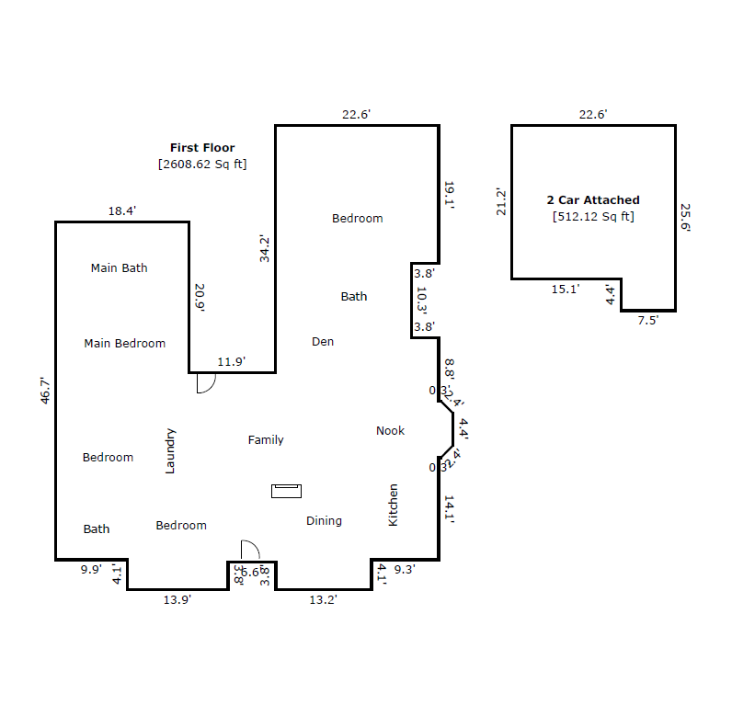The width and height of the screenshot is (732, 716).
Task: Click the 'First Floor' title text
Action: point(201,147)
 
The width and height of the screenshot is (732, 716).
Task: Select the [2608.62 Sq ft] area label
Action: point(201,165)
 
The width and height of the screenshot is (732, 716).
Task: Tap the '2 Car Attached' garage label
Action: point(593,199)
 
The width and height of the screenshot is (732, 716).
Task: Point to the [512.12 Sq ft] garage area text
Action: point(593,217)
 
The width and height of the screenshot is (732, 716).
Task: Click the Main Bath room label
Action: point(119,268)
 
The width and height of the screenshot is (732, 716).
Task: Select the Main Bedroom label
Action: point(124,343)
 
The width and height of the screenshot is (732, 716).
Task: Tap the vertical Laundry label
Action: point(169,450)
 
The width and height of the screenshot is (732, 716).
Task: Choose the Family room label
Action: point(266,440)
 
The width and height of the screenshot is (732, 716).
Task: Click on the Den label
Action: point(323,342)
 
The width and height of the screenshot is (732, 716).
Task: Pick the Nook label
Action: point(390,430)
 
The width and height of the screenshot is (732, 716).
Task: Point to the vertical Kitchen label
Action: point(394,505)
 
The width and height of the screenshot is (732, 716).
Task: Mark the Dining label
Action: point(324,521)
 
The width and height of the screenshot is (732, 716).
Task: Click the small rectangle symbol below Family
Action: point(286,491)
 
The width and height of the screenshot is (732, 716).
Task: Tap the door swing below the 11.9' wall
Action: point(206,383)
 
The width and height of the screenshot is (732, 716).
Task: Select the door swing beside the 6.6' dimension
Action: point(250,550)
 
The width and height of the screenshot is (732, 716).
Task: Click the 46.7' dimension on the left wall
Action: point(44,390)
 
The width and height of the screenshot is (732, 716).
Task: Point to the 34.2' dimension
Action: point(265,249)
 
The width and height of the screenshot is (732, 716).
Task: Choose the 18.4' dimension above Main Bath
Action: point(122,210)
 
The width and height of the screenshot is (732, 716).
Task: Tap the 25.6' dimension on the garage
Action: point(684,218)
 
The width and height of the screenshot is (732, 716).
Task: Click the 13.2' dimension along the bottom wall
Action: point(323,600)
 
